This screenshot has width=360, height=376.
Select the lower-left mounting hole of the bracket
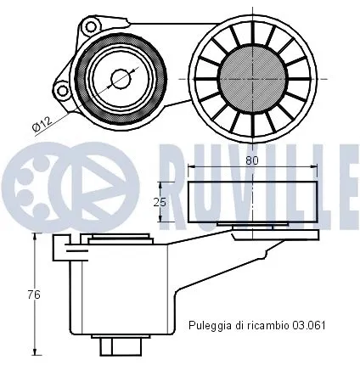[60, 89]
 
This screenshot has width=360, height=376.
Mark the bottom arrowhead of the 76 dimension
[35, 351]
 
